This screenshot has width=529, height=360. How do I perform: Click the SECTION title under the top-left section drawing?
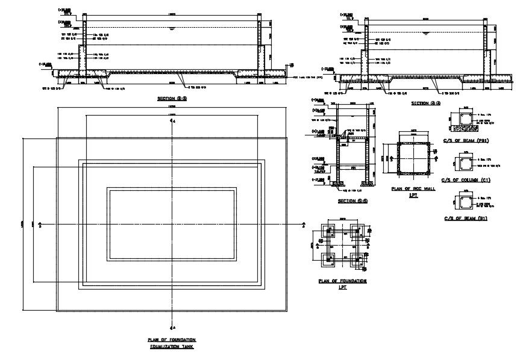172,98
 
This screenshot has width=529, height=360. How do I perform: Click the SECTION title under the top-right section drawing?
426,104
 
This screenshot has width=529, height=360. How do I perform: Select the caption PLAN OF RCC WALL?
413,188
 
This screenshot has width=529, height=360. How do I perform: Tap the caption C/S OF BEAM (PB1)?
465,141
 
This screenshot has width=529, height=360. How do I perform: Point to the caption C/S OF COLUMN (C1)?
465,179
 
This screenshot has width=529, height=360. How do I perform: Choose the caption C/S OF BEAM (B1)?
465,218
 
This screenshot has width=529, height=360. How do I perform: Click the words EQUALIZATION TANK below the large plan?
172,347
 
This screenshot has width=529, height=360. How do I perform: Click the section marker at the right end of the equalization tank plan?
304,225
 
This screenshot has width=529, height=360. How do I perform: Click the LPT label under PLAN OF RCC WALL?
413,196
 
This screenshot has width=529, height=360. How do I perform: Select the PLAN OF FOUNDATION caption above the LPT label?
343,281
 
